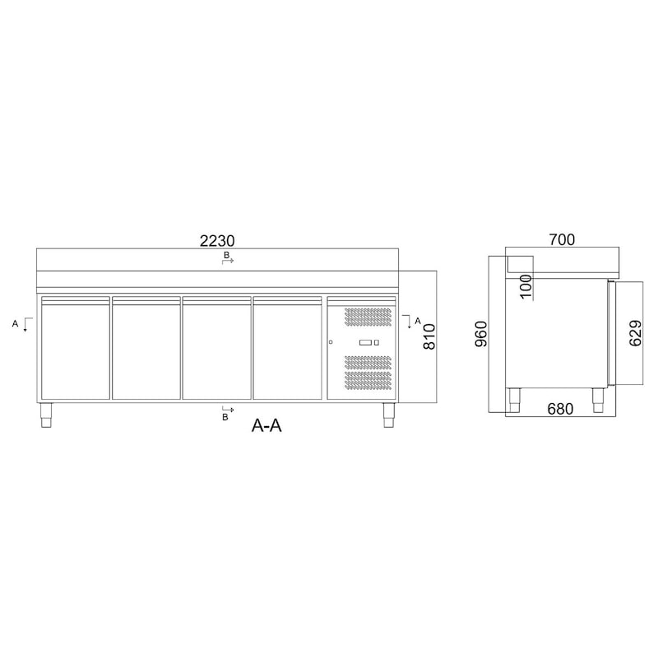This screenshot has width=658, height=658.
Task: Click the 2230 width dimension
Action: (x=217, y=241)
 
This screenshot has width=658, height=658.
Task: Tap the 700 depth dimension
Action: (x=562, y=240)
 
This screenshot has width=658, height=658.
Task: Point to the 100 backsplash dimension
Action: (x=526, y=285)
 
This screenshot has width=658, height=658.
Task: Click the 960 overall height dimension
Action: (x=483, y=335)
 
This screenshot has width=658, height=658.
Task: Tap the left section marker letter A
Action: (x=15, y=324)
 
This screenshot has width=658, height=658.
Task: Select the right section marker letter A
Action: (x=417, y=320)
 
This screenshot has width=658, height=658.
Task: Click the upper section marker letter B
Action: (x=225, y=257)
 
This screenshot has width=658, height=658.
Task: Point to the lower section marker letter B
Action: (x=225, y=417)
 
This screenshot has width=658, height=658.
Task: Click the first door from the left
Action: (x=75, y=348)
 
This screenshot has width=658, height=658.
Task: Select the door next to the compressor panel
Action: (x=287, y=348)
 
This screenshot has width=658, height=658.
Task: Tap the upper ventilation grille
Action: (x=368, y=320)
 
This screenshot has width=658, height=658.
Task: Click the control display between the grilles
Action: (x=368, y=342)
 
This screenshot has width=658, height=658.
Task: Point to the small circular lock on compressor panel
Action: (x=331, y=342)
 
